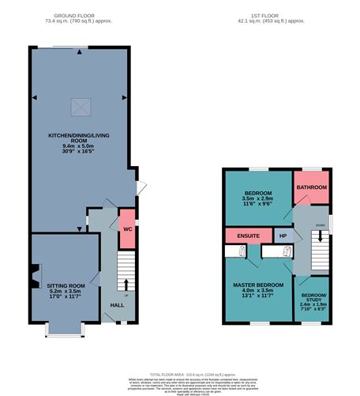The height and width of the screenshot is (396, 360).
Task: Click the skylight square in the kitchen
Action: coord(79,104)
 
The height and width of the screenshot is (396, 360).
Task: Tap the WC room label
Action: coord(125,228)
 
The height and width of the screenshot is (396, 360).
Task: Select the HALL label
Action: coord(117,305)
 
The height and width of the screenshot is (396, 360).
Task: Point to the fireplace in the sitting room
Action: coord(34,277)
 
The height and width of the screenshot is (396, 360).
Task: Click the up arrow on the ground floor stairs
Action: coord(126,284)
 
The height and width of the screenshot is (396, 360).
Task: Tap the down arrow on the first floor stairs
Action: coord(320,236)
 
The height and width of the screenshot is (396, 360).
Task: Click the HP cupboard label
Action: coord(283,236)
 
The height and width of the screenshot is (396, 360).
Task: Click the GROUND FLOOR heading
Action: coord(78,16)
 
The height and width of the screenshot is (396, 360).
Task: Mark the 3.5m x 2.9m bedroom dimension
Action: coord(257,201)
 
